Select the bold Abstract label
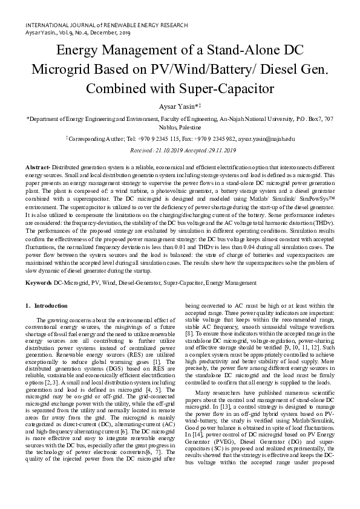[38, 166]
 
